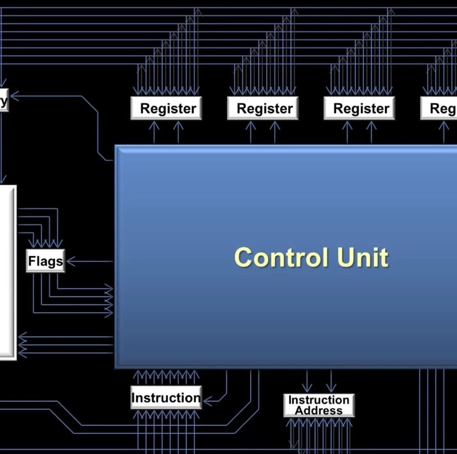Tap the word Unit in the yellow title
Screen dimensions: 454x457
coord(362,257)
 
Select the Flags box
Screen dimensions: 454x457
coord(45,261)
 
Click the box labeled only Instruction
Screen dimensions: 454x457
coord(166,397)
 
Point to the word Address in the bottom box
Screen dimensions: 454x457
coord(319,410)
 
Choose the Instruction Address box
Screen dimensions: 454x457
coord(319,405)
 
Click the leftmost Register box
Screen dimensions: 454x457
coord(166,108)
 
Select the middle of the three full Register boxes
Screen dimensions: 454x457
coord(263,108)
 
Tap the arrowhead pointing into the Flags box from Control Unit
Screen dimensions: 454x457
coord(70,261)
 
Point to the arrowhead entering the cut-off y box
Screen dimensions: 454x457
coord(13,96)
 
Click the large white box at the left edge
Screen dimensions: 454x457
coord(7,272)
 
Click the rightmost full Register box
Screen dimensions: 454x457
coord(359,108)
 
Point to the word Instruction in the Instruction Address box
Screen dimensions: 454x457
coord(319,400)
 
